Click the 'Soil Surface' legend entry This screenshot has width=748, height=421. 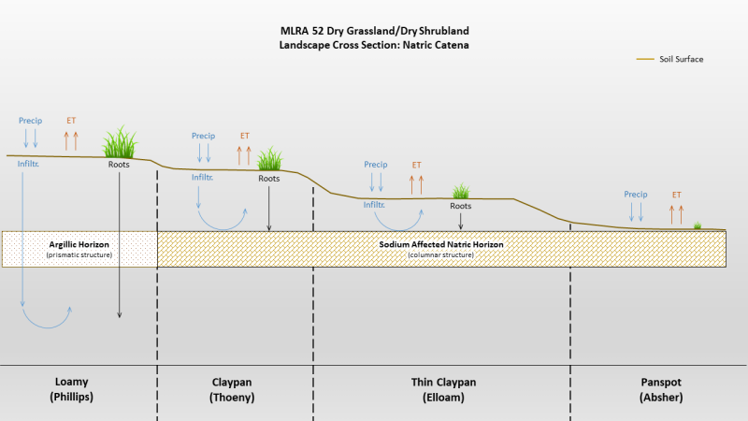coord(680,59)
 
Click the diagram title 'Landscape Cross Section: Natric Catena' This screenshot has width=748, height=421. coord(373,45)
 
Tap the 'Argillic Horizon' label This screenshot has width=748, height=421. coord(80,244)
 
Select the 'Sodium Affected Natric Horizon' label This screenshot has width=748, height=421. coord(440,244)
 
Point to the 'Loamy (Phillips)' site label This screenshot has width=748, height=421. coord(79,388)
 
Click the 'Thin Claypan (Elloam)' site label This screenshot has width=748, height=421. coord(440,388)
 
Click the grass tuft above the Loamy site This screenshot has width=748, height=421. coord(119,143)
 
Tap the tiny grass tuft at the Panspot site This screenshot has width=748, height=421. coord(698,225)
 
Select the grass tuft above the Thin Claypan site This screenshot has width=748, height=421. coord(460,192)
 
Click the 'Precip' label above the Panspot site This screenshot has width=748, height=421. coord(636,195)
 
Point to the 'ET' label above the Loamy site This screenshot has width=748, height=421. coord(71,121)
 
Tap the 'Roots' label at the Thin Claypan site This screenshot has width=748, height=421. coord(460,206)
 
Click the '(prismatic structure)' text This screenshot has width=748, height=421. coord(79,254)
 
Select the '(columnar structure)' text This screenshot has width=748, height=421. coord(440,254)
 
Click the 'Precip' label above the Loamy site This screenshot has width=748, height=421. coord(30,121)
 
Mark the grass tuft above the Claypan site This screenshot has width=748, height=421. coord(269,159)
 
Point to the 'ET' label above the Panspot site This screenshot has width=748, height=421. coord(676,195)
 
